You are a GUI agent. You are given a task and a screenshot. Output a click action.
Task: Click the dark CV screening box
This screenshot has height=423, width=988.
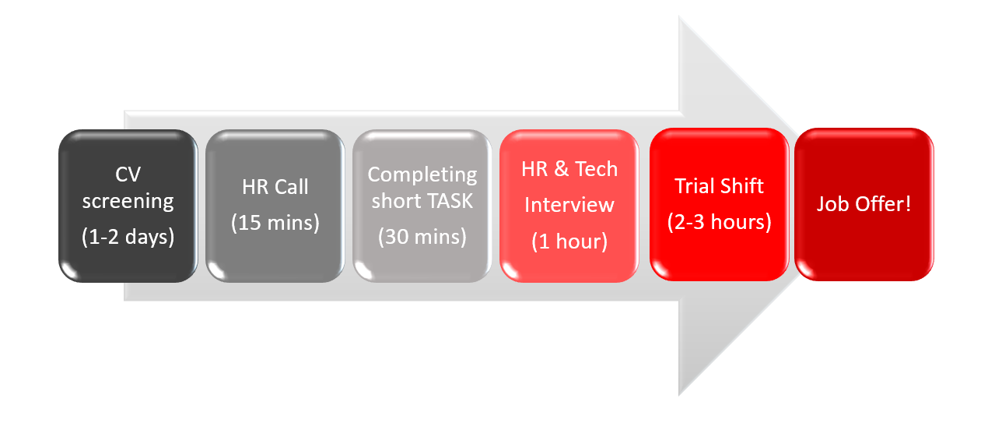[128, 206]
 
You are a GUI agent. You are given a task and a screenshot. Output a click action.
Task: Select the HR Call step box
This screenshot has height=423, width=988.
[275, 206]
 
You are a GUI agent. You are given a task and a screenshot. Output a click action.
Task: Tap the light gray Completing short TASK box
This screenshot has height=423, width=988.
[422, 206]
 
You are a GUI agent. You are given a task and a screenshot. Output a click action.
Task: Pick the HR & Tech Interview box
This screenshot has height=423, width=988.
[569, 206]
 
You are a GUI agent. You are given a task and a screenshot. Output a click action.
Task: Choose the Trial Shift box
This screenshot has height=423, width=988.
[720, 204]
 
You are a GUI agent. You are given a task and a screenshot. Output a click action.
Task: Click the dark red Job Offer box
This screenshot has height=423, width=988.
[864, 204]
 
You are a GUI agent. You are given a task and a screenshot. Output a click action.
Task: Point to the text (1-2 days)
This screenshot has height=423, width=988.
[128, 237]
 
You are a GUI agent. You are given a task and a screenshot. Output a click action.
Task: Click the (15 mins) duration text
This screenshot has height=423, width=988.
[275, 223]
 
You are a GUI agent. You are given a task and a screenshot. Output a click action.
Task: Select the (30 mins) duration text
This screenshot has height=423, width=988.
[422, 237]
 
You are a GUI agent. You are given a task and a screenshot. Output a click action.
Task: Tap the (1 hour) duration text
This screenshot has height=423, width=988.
[569, 241]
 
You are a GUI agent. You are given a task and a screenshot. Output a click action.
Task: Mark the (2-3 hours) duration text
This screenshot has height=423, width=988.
[720, 222]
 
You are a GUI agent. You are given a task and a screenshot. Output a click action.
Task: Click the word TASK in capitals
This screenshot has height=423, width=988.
[450, 201]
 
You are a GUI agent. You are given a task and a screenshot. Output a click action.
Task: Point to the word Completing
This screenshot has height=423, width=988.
[422, 175]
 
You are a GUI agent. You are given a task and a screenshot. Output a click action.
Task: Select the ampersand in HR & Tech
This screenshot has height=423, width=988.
[561, 169]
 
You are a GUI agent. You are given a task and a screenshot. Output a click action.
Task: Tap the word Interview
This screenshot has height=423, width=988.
[569, 205]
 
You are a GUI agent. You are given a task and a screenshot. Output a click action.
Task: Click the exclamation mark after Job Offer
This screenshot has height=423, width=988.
[908, 203]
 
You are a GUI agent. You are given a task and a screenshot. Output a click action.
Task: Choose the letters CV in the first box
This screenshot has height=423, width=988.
[128, 174]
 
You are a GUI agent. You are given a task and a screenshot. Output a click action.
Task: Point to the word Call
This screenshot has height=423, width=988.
[292, 187]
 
